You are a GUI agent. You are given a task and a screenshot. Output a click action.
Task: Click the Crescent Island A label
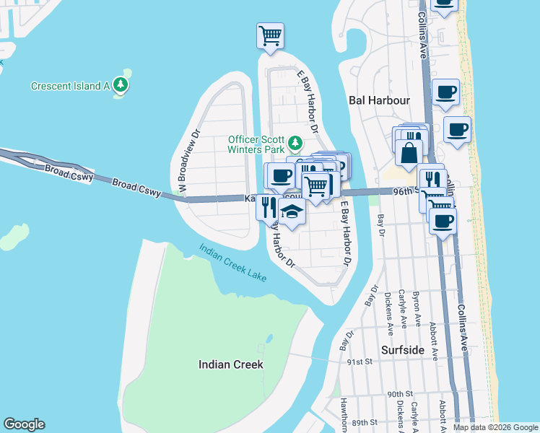[69, 87]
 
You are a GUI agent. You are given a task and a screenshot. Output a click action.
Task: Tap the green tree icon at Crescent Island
[122, 87]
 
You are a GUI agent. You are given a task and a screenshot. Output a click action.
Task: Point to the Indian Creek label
[230, 364]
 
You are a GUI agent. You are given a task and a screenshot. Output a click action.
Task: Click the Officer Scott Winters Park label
[257, 144]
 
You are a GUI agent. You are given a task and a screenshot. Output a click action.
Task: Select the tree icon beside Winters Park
[295, 141]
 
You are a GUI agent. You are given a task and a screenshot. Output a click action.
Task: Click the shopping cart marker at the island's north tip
[270, 35]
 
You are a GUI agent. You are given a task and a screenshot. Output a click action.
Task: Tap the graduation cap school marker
[292, 212]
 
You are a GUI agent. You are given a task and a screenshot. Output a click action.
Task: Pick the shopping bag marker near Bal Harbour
[409, 152]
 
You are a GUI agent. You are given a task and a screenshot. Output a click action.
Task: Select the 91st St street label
[359, 362]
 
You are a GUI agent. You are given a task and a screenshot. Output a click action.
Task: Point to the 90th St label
[399, 394]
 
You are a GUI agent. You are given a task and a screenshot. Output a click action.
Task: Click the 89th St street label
[365, 422]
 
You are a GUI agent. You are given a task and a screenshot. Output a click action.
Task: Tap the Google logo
[24, 424]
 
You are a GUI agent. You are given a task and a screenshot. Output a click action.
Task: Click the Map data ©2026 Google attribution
[495, 427]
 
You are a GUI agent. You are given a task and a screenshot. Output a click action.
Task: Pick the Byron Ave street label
[417, 309]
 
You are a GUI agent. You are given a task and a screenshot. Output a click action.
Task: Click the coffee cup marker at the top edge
[443, 4]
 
